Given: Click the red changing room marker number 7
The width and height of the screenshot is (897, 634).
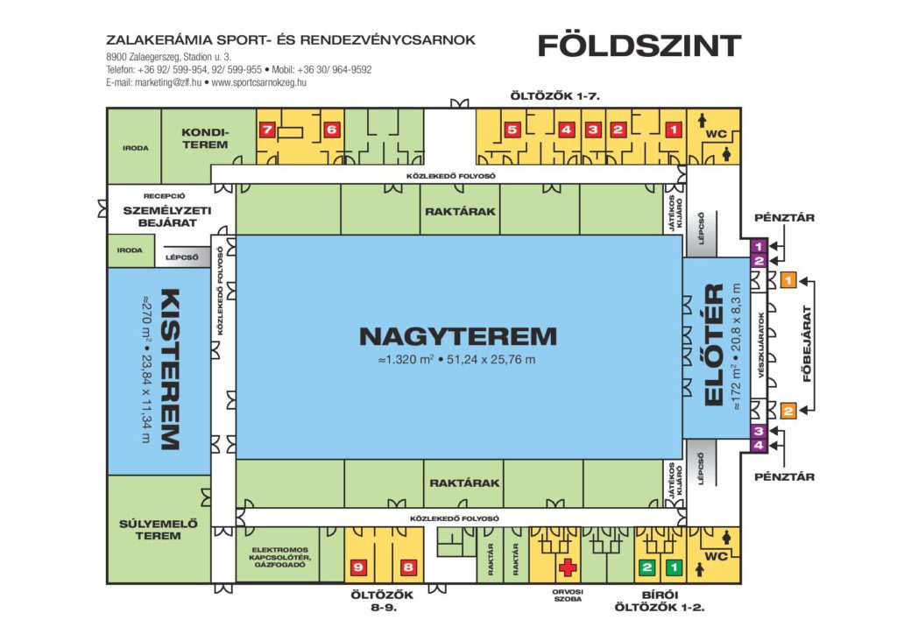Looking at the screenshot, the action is click(x=267, y=130).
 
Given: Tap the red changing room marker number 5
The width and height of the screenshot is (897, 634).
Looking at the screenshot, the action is click(x=512, y=130).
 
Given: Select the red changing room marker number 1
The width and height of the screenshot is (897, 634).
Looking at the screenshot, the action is click(x=674, y=130).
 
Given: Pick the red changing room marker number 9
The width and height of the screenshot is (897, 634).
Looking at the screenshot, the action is click(x=358, y=567).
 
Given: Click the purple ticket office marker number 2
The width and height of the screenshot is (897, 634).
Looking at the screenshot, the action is click(x=759, y=261).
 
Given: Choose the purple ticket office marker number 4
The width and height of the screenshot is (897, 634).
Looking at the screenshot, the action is click(x=759, y=445).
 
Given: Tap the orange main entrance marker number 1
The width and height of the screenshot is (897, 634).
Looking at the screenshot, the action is click(x=788, y=280).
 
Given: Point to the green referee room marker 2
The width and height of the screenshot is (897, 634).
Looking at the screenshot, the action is click(x=647, y=567).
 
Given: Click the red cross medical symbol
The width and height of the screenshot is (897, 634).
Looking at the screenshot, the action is click(x=568, y=567).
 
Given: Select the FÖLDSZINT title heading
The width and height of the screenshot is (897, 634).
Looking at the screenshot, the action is click(x=639, y=46).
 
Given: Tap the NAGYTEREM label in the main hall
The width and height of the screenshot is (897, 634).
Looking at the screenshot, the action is click(x=457, y=336).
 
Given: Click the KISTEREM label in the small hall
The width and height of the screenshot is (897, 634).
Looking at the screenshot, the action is click(x=170, y=370).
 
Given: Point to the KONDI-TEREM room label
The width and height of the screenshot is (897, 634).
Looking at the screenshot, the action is click(x=205, y=138).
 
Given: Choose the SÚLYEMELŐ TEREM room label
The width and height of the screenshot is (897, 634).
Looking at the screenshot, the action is click(x=159, y=530).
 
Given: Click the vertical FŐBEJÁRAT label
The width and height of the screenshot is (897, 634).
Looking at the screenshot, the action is click(x=807, y=343).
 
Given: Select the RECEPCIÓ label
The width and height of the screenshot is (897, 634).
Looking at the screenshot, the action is click(x=164, y=196).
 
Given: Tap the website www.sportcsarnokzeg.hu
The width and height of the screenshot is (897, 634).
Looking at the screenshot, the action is click(x=258, y=82).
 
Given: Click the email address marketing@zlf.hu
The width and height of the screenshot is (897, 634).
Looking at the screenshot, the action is click(x=168, y=82).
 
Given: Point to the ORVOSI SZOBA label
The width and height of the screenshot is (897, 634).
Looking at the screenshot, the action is click(x=568, y=595).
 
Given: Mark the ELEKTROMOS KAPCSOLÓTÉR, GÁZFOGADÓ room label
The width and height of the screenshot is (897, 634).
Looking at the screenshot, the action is click(x=280, y=557).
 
